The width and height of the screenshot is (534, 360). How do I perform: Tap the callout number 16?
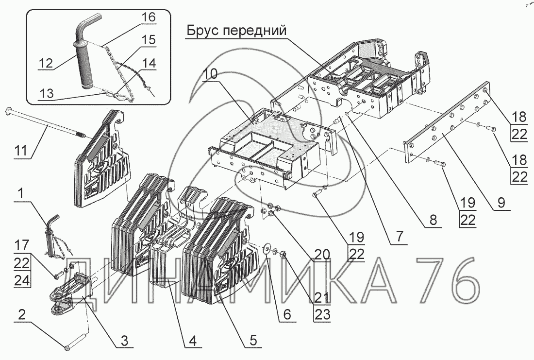[149, 17]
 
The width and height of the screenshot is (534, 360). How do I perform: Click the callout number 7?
[399, 237]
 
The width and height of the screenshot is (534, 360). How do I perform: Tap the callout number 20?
[321, 254]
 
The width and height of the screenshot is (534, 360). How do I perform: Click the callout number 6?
[287, 314]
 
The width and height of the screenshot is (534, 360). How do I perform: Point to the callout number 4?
[193, 341]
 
